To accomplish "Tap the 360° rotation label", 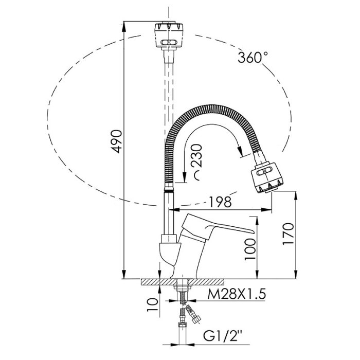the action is [253, 58].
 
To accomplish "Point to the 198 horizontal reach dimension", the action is [220, 202].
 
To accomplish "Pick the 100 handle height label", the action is [250, 249].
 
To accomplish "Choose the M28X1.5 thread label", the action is [237, 294].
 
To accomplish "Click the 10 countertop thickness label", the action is [153, 304].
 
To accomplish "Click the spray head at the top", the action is [169, 35].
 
